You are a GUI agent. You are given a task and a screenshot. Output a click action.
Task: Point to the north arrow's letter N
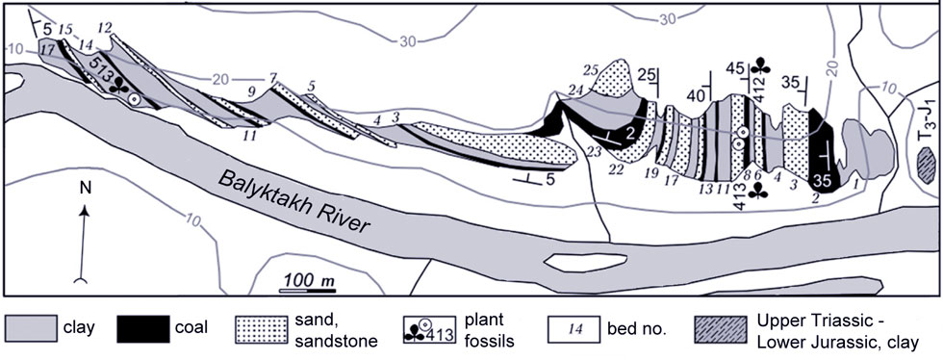pyautogui.click(x=85, y=190)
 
